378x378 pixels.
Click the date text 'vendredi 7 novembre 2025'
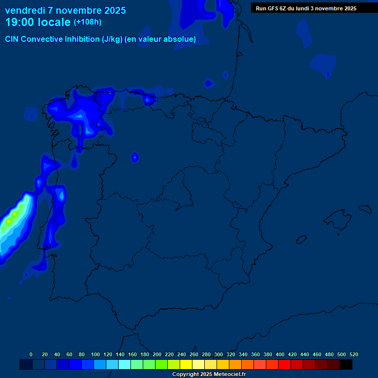(x=65, y=10)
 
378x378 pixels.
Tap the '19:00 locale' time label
(x=38, y=22)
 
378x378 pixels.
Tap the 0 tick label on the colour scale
(x=31, y=354)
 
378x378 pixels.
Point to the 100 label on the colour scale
(x=95, y=354)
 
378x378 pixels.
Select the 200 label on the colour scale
(x=157, y=354)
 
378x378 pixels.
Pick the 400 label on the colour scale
(x=280, y=354)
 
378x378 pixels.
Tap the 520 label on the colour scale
(x=353, y=354)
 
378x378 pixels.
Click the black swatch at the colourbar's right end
(x=346, y=364)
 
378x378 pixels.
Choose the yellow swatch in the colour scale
(x=186, y=364)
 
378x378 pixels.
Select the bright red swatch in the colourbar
(x=284, y=364)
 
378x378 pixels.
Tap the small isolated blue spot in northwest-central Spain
(x=134, y=157)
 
